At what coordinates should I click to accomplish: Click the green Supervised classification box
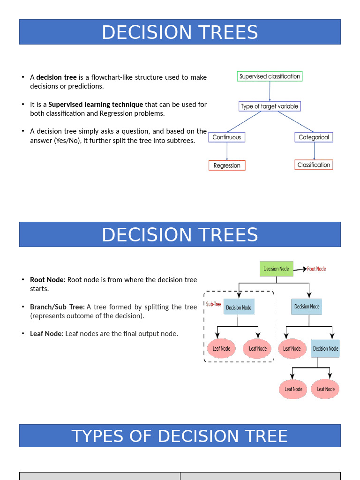270,76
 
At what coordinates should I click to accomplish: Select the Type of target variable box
269,106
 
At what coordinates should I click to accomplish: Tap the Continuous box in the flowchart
227,137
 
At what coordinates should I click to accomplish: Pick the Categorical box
314,137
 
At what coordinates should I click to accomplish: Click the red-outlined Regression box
227,165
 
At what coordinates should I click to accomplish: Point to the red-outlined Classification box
314,165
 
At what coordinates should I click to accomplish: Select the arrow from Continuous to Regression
227,151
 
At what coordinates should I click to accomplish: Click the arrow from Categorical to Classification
314,151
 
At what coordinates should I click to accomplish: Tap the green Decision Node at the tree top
276,269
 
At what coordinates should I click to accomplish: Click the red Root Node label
316,269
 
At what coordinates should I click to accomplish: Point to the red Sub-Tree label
214,304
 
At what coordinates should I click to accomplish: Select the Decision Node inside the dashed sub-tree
239,307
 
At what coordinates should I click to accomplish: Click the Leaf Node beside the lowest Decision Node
292,349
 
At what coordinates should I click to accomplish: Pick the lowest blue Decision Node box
325,349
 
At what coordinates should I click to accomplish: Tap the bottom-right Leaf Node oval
326,389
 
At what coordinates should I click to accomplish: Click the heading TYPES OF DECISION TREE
180,436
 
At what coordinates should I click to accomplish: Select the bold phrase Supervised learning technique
96,105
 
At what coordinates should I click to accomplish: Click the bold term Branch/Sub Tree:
57,307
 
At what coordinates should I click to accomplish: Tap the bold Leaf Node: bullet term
46,334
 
